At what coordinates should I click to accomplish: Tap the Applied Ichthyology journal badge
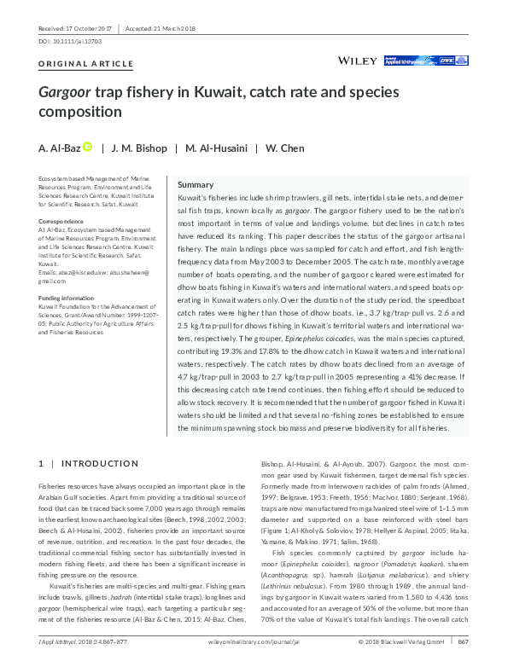click(x=412, y=61)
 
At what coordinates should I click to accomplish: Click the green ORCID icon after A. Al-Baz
click(x=86, y=148)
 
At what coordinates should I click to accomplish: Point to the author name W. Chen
click(x=285, y=148)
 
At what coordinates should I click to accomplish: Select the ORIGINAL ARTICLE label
click(x=86, y=64)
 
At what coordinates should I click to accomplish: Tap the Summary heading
click(x=195, y=185)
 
